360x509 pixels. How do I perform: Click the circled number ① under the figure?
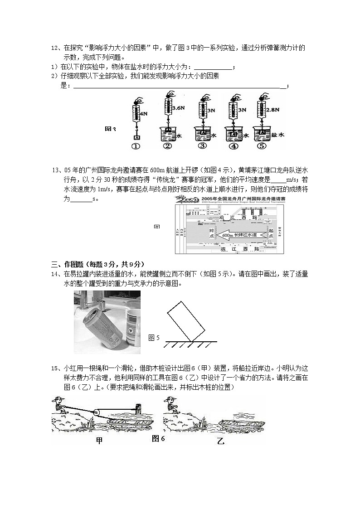tap(136, 146)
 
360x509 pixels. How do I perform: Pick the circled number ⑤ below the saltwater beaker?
tap(262, 146)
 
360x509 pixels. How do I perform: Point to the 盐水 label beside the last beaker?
tap(277, 135)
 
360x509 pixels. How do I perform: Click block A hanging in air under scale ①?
tap(136, 137)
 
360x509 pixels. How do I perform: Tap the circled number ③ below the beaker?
tap(202, 146)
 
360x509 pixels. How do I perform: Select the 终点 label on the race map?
tap(211, 233)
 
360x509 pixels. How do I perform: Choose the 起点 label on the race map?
tap(271, 233)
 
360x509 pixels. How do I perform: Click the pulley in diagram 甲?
tap(98, 412)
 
